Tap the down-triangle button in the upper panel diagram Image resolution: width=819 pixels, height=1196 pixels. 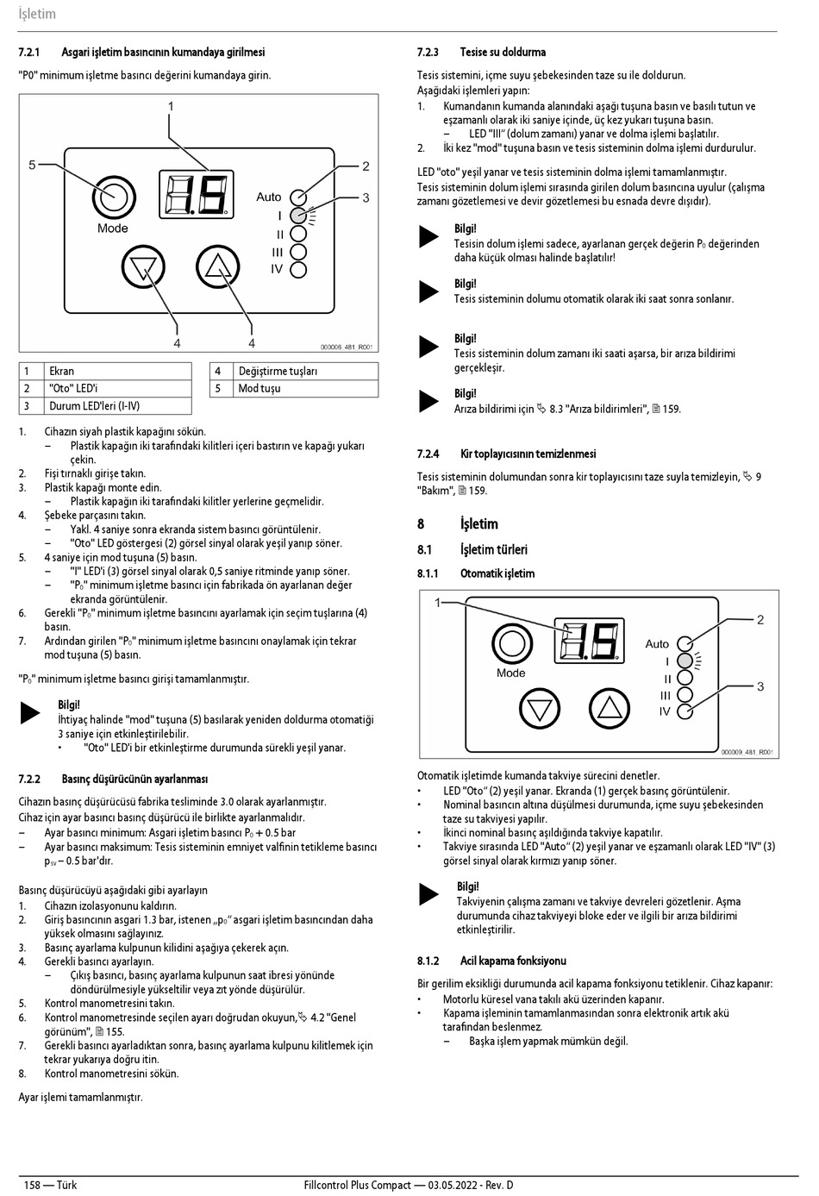pyautogui.click(x=143, y=266)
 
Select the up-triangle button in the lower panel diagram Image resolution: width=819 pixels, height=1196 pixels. pyautogui.click(x=609, y=709)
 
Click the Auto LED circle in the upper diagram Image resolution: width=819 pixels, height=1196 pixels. pyautogui.click(x=297, y=197)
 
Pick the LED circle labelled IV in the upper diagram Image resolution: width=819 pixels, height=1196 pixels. pyautogui.click(x=297, y=270)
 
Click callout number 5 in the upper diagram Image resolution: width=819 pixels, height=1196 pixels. pyautogui.click(x=32, y=165)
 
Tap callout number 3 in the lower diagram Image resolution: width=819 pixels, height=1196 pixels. pyautogui.click(x=760, y=686)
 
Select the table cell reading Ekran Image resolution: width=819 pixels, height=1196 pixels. pyautogui.click(x=62, y=371)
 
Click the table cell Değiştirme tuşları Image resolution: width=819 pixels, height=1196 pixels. pyautogui.click(x=278, y=371)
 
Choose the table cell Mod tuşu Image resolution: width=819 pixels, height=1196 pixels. pyautogui.click(x=259, y=388)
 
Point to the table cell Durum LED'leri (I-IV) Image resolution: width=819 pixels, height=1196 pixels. pyautogui.click(x=94, y=405)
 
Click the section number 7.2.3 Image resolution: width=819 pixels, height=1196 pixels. pyautogui.click(x=428, y=53)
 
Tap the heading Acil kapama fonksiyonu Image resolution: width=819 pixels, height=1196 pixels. pyautogui.click(x=513, y=961)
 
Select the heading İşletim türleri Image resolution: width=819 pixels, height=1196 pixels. pyautogui.click(x=493, y=549)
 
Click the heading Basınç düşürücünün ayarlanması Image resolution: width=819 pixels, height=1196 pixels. pyautogui.click(x=134, y=780)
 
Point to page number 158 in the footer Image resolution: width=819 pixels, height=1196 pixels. pyautogui.click(x=33, y=1185)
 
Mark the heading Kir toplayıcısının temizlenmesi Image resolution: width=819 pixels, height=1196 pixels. pyautogui.click(x=528, y=454)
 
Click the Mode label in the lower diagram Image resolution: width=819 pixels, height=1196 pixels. pyautogui.click(x=510, y=673)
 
